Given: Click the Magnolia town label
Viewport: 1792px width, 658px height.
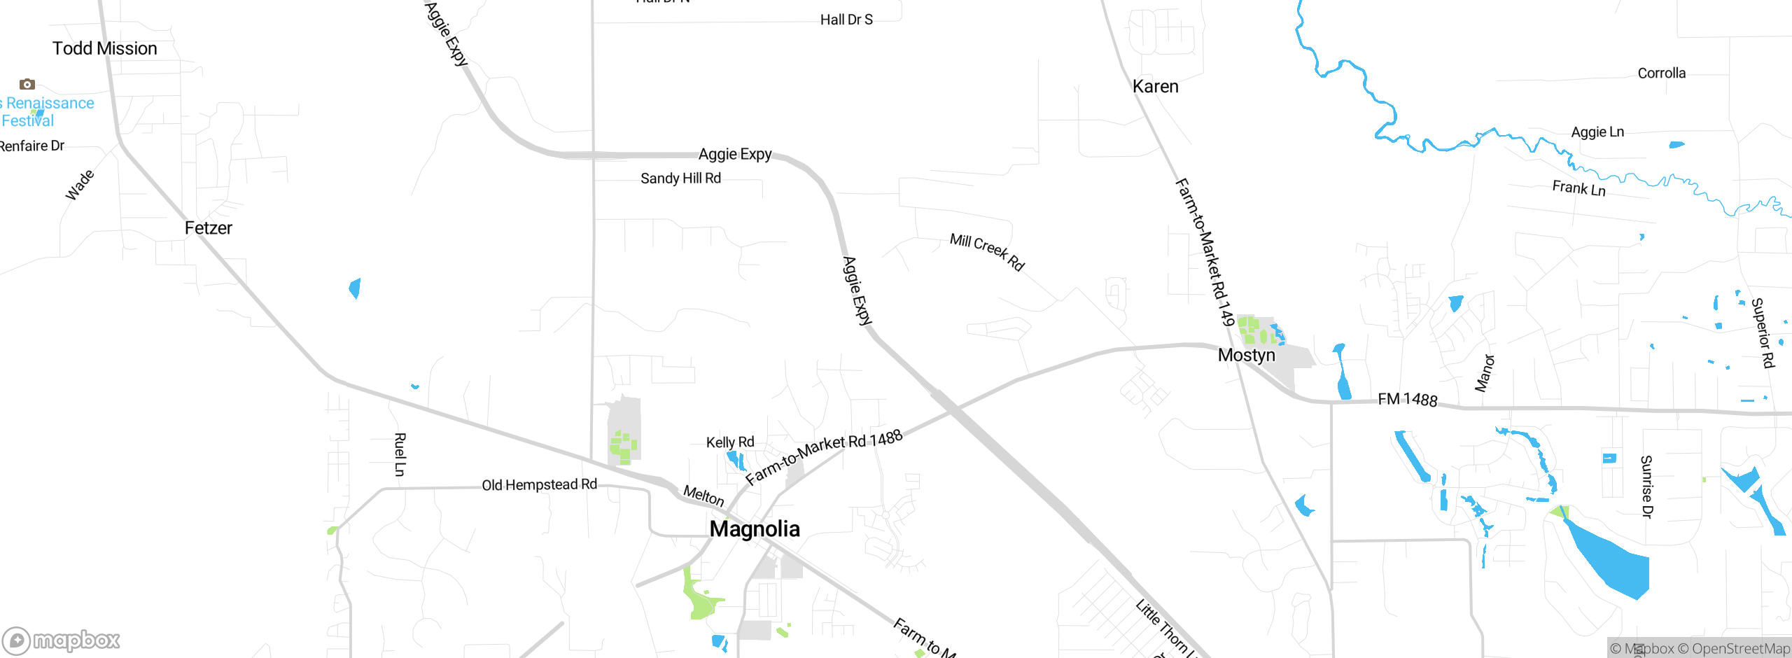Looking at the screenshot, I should tap(755, 528).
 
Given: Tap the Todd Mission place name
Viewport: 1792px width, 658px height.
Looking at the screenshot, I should tap(105, 48).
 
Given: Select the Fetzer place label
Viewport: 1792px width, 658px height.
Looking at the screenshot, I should tap(208, 228).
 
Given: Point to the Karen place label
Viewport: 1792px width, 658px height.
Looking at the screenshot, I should tap(1155, 87).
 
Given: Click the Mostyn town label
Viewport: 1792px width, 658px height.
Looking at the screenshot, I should tap(1246, 355).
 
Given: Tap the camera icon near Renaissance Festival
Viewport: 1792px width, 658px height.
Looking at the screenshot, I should tap(27, 85).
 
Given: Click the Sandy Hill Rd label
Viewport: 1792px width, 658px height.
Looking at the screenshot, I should tap(680, 178).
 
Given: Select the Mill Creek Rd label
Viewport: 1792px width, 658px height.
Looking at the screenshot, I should tap(987, 251).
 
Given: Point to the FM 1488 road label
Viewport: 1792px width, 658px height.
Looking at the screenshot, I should tap(1407, 399).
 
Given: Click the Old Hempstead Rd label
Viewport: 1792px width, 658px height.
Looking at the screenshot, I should tap(539, 484).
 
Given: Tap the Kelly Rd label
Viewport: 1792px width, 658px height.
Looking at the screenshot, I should tap(730, 442).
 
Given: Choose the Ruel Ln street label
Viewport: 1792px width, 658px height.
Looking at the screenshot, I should tap(400, 454).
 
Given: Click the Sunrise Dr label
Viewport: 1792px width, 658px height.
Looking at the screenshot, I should tap(1646, 486).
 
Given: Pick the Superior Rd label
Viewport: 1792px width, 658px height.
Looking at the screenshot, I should tap(1762, 332).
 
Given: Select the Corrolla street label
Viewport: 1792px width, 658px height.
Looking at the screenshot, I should tap(1661, 73).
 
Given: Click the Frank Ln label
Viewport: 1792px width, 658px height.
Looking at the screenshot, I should tap(1578, 188).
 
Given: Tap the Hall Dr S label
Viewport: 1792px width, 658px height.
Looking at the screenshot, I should tap(846, 20).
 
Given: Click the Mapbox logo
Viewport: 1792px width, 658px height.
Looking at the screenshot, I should tap(62, 640).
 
